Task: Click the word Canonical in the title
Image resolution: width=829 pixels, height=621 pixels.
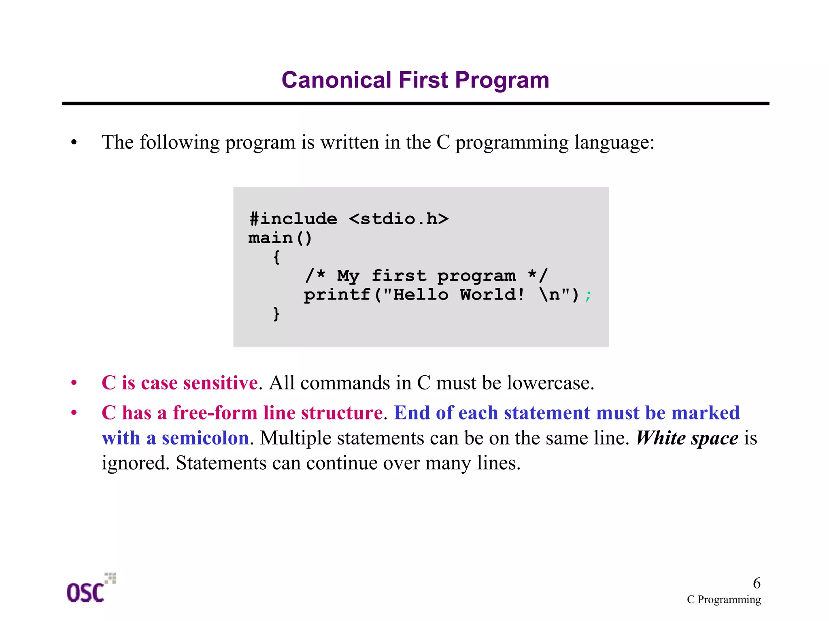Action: [336, 80]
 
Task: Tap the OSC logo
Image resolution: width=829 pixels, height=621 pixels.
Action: [89, 589]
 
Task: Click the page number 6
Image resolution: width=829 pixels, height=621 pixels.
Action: [756, 583]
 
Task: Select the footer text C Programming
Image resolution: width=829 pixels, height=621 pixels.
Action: [723, 600]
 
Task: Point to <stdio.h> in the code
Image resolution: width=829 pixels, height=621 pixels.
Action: [399, 219]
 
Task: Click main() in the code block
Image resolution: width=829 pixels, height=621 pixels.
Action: [280, 238]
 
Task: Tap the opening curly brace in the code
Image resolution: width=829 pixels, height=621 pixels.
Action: [276, 257]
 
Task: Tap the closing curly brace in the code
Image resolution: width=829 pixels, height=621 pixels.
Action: [276, 314]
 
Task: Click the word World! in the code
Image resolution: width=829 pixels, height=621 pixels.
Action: [492, 295]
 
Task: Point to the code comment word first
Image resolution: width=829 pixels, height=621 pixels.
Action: [399, 276]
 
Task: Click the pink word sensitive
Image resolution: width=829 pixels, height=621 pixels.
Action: [220, 383]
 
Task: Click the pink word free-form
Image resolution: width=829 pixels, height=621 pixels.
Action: [215, 413]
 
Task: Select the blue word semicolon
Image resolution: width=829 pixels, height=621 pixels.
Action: [205, 438]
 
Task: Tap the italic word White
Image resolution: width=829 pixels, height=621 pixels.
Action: [661, 438]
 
